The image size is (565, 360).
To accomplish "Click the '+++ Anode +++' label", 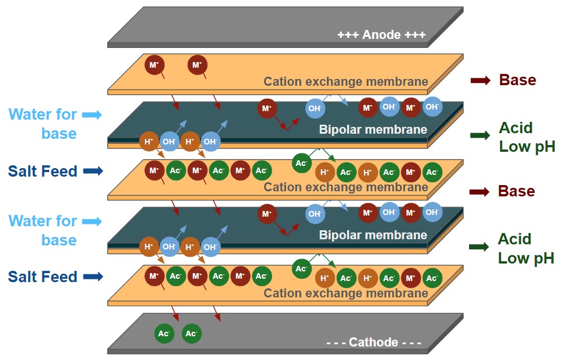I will [381, 35].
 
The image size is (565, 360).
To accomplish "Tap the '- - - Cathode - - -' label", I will [374, 342].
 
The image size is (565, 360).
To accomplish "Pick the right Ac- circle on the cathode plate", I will [192, 333].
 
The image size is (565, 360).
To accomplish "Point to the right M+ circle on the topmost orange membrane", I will [197, 65].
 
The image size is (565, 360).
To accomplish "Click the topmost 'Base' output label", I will [517, 80].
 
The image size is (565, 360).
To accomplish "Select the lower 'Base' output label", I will [516, 191].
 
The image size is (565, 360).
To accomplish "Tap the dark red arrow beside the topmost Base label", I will [480, 81].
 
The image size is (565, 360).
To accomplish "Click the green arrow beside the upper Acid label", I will [480, 135].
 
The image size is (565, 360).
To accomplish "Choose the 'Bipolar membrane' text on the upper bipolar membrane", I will [373, 130].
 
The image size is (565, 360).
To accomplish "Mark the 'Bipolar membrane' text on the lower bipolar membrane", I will [373, 235].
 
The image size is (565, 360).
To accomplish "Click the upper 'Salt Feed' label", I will [43, 171].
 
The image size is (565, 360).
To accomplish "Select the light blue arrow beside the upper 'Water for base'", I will [92, 115].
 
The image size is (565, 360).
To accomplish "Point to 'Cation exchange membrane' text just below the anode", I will [345, 81].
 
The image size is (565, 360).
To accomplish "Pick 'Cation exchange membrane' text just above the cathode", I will [345, 293].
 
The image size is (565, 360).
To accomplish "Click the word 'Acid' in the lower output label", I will [515, 239].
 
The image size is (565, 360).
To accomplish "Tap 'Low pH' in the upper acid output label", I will [527, 147].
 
